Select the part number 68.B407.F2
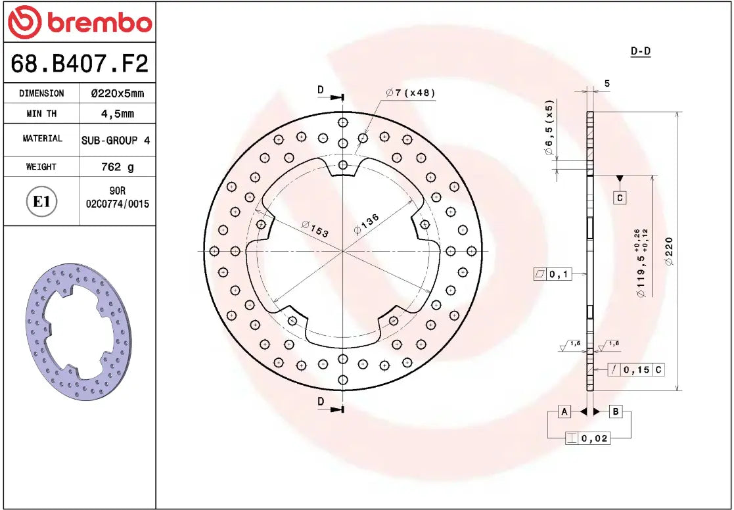80,64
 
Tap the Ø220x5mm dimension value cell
117,93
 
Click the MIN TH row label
41,114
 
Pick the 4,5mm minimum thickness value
117,114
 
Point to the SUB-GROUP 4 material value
116,140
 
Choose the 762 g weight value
117,167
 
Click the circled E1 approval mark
41,201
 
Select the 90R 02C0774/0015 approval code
118,198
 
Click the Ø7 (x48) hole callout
411,93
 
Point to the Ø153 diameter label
315,229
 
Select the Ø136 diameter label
366,223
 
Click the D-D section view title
640,51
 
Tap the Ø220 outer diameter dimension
669,250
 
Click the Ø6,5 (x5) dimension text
549,128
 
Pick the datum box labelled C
620,197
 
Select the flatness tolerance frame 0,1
553,274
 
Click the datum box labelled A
563,411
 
